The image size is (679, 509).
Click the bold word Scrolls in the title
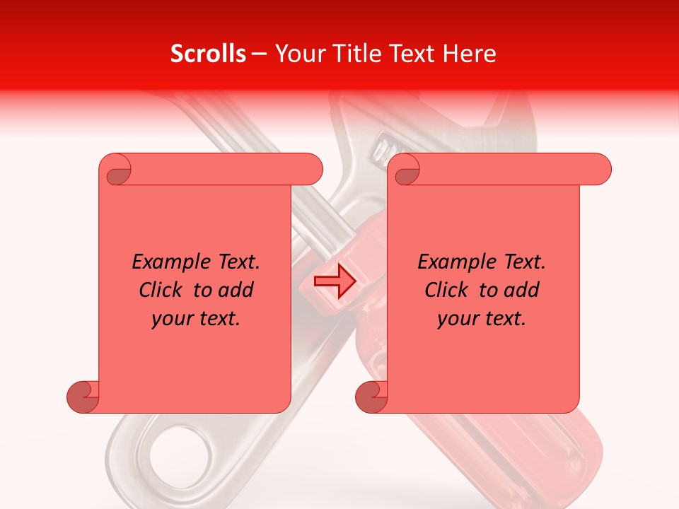[209, 54]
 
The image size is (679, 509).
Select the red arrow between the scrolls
[335, 281]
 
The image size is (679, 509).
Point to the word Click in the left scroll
[163, 290]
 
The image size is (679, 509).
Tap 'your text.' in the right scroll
[482, 319]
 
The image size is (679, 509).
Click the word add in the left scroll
[236, 290]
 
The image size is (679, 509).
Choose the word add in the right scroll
[522, 290]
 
